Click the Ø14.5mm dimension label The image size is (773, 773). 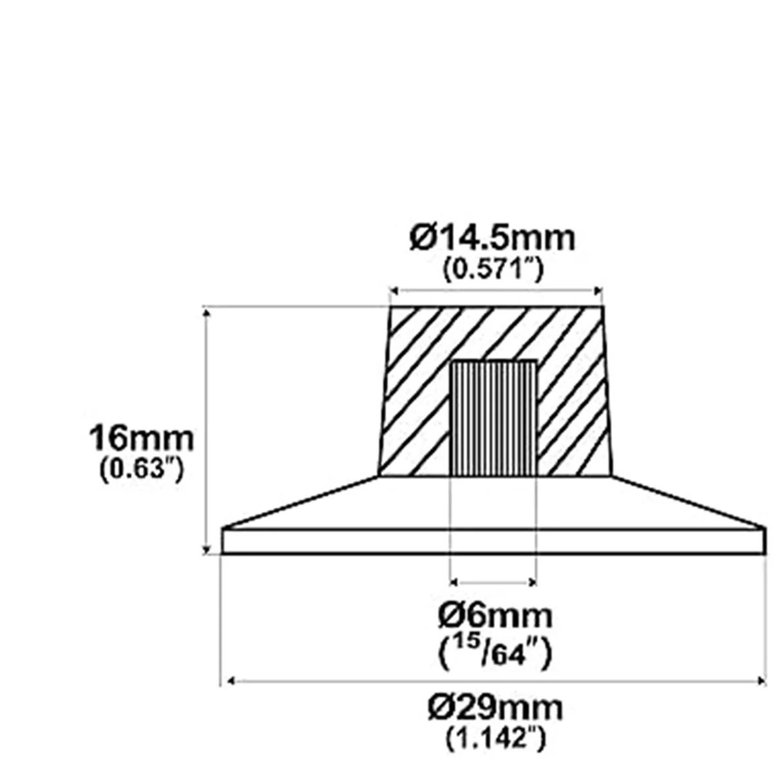coord(492,239)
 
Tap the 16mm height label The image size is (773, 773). coord(141,439)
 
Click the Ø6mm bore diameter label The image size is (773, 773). coord(495,616)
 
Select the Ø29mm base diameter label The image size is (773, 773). coord(495,708)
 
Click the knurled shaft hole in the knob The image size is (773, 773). coord(493,419)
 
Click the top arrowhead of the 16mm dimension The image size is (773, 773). coord(206,313)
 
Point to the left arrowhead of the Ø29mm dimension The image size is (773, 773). coord(226,680)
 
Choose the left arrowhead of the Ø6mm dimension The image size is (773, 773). coord(453,582)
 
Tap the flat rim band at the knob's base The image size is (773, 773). coord(493,541)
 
